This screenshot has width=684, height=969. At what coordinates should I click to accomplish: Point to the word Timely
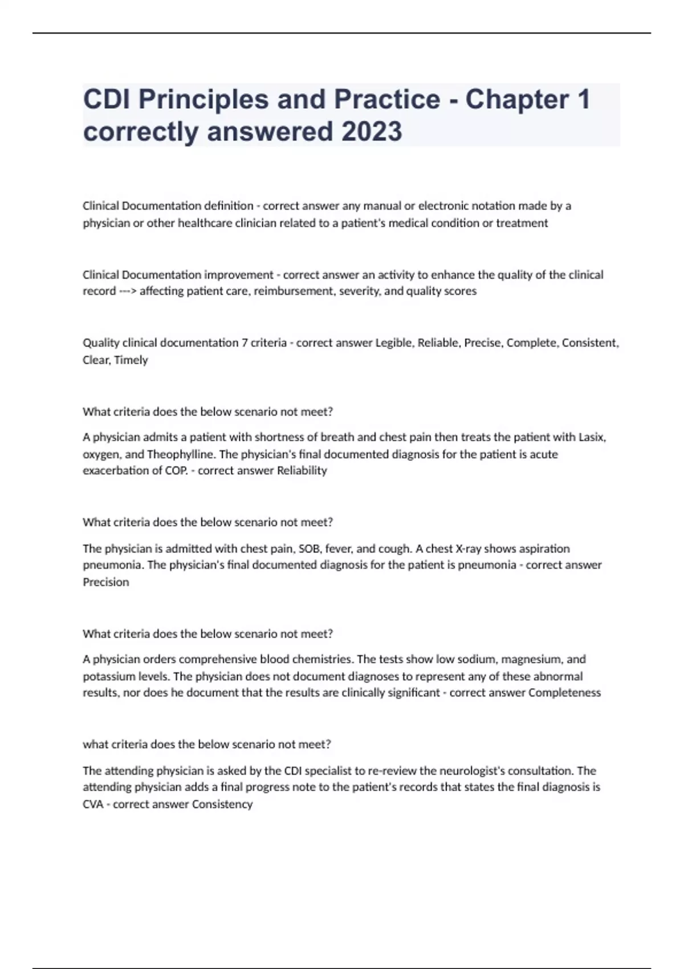[131, 360]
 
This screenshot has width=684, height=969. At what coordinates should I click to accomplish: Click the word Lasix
[592, 437]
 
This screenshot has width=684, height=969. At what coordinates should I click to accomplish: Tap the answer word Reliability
[302, 471]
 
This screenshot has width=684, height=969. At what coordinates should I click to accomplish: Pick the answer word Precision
[106, 582]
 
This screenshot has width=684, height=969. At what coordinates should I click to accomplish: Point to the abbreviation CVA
[93, 804]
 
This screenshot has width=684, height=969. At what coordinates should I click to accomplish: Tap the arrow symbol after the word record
[127, 291]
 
